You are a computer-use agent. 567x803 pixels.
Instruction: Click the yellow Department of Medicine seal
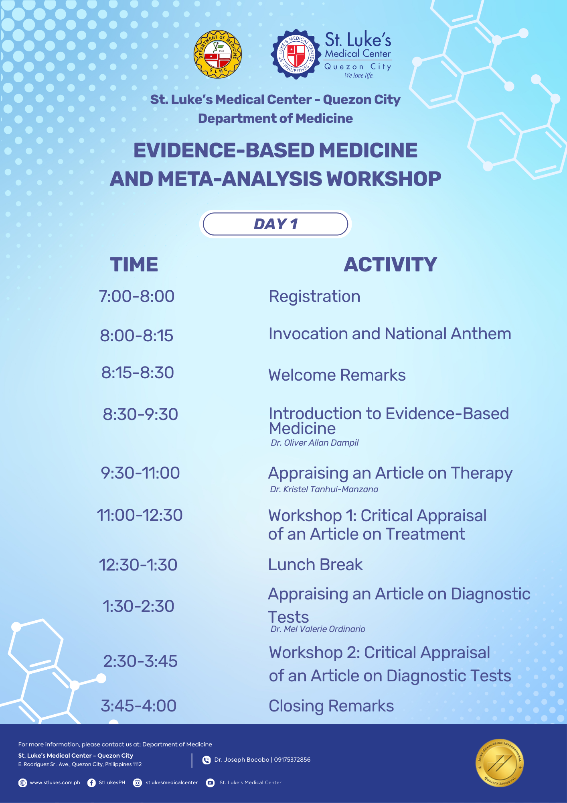tap(218, 55)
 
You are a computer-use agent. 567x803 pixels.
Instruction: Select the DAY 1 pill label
tap(275, 224)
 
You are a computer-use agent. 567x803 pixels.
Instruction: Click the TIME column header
tap(134, 265)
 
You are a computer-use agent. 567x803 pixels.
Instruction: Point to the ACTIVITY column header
tap(390, 265)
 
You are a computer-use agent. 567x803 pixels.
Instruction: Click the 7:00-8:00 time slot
tap(137, 296)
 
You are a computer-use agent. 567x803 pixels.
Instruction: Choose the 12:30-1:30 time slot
tap(138, 565)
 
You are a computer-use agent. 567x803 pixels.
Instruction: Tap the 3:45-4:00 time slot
tap(139, 706)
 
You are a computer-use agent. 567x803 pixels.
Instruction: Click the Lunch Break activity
tap(316, 565)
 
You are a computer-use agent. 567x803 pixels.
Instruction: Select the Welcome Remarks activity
tap(337, 375)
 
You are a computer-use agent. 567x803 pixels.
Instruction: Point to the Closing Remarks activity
tap(331, 706)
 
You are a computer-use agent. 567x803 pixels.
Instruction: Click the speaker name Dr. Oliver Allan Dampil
tap(315, 443)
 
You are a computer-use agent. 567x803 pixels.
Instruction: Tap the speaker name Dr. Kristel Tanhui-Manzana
tap(324, 489)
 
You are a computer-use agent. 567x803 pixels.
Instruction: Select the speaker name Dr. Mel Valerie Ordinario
tap(318, 629)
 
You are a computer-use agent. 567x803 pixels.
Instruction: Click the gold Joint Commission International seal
tap(500, 763)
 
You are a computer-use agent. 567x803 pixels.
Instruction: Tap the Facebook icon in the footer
tap(91, 783)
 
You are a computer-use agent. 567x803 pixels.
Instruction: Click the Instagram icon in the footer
tap(138, 783)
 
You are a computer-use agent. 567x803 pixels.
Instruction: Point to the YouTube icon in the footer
tap(210, 783)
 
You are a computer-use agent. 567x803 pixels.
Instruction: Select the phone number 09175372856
tap(292, 760)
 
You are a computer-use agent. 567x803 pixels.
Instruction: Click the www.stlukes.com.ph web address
tap(55, 783)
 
